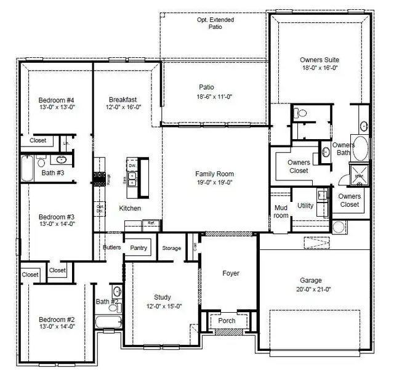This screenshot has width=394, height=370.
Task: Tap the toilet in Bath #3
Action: click(41, 162)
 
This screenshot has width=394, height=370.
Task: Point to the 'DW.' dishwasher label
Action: click(132, 166)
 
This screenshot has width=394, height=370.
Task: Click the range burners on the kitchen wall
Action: click(98, 179)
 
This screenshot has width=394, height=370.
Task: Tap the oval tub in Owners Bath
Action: click(362, 148)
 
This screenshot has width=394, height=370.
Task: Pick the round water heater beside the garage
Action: click(338, 226)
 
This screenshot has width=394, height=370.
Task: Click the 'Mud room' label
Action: click(281, 211)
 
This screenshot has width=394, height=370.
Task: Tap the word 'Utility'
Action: click(305, 206)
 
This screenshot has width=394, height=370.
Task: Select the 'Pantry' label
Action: click(139, 247)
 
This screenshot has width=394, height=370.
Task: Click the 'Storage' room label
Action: click(172, 248)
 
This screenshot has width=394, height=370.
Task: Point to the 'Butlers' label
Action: click(111, 247)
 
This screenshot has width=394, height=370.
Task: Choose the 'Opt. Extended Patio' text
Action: click(215, 23)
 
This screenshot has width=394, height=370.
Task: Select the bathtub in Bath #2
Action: click(108, 321)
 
